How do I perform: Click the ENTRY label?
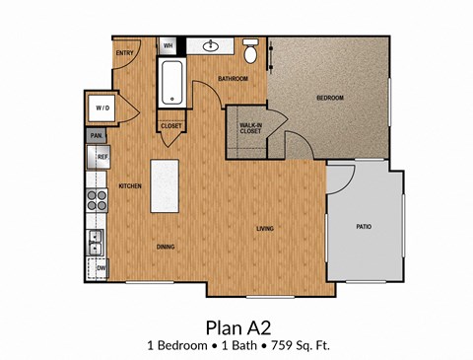(x=125, y=52)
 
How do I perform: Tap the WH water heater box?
(x=169, y=45)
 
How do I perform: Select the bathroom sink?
(x=211, y=45)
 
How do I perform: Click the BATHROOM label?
(x=233, y=78)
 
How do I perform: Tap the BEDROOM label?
(x=329, y=99)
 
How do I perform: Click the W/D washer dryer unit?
(x=103, y=107)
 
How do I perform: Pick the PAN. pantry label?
(x=97, y=135)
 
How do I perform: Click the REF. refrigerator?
(x=101, y=156)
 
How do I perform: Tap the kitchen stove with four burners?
(x=98, y=201)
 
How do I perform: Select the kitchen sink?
(x=96, y=240)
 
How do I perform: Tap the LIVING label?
(x=265, y=229)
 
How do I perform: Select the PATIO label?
(x=364, y=227)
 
